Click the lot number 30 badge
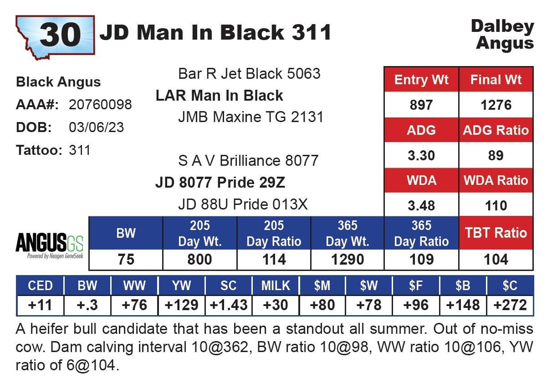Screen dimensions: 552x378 coord(55,36)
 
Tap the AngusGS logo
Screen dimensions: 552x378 coord(50,245)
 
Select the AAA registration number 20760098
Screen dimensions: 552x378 coord(100,104)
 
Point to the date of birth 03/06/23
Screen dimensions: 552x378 coord(97,128)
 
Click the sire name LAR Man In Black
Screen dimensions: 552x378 coord(220,95)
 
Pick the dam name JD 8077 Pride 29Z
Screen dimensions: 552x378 coord(220,183)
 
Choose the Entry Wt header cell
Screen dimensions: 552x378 coord(421,80)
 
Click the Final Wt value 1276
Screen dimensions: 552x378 coord(496,105)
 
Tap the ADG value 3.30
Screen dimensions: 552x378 coord(421,155)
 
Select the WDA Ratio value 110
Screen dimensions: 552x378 coord(496,205)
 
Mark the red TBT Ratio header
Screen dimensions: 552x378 coord(496,233)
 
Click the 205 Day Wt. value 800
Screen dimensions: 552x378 coord(199,260)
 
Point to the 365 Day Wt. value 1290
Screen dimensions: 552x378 coord(348,260)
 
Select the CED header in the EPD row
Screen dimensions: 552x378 coord(40,286)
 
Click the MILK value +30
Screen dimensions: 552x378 coord(276,305)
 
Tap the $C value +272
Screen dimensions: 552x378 coord(510,305)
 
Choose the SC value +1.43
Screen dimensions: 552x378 coord(229,305)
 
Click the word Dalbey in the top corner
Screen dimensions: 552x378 coord(502,26)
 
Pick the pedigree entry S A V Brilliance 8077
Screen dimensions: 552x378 coord(248,161)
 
